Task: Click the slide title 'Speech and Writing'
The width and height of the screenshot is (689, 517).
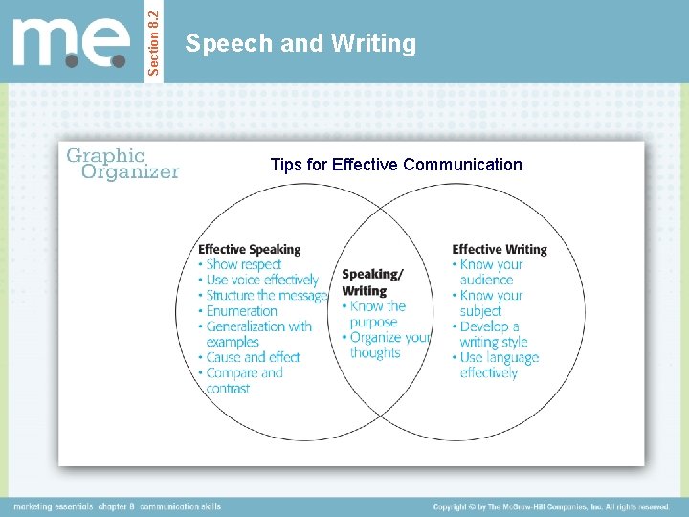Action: [x=300, y=44]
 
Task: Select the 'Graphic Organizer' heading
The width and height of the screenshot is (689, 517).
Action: [x=121, y=163]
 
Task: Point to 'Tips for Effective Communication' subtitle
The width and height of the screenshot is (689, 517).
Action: [x=396, y=165]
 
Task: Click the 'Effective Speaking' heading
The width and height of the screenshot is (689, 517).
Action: [x=249, y=249]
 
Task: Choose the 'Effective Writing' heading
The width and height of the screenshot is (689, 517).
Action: [x=500, y=249]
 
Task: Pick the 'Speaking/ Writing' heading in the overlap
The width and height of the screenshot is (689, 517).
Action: [x=371, y=281]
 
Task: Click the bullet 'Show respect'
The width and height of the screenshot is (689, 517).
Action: [x=243, y=264]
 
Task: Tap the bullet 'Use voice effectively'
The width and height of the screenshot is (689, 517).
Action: [x=261, y=280]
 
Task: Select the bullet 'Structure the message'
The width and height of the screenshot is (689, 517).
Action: [x=266, y=295]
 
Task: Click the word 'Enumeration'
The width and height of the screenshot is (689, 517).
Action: [x=241, y=310]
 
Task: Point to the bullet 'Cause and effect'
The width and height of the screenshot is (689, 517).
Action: [x=253, y=357]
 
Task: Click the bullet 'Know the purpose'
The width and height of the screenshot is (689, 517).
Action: [x=377, y=314]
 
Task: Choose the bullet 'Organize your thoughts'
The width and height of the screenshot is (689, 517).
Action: [x=389, y=345]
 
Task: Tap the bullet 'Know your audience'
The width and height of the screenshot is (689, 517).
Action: [x=490, y=272]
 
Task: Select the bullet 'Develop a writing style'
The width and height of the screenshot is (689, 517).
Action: [x=492, y=333]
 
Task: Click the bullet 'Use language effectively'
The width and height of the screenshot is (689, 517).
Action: [x=498, y=365]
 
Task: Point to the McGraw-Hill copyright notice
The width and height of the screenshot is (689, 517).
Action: [x=551, y=506]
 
